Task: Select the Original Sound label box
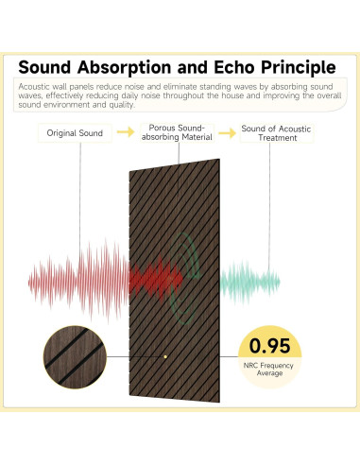coord(75,133)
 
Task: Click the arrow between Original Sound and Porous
coord(124,133)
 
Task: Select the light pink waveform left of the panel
coord(76,280)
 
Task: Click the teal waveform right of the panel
coord(250,281)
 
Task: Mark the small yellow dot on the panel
coord(165,356)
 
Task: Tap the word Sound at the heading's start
coord(48,67)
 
